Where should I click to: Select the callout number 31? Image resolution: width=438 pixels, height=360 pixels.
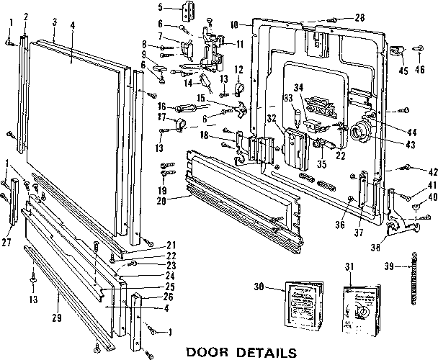(352, 268)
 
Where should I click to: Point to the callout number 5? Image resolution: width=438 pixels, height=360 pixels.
(162, 8)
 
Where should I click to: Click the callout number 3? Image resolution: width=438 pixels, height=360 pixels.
(55, 22)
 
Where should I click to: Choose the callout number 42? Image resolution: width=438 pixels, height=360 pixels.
(413, 172)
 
